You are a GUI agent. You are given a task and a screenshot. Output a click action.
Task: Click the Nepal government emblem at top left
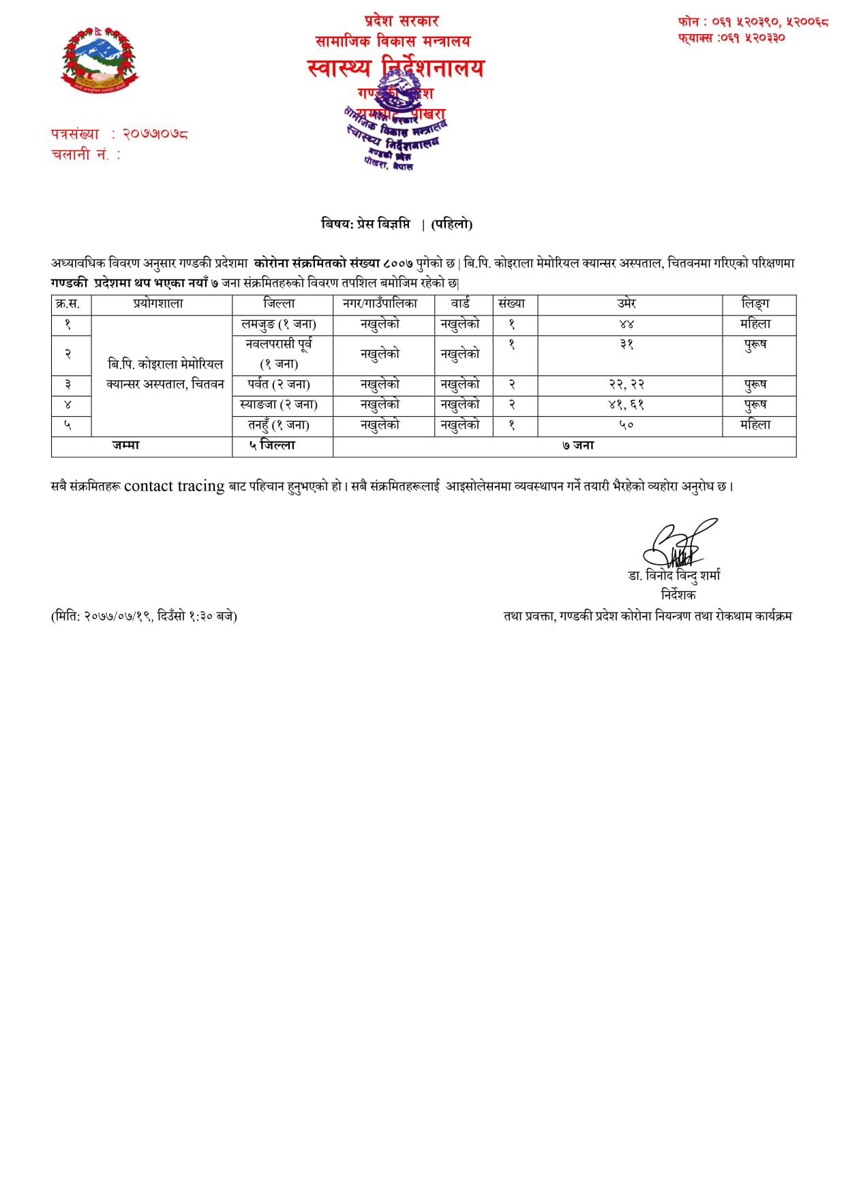pos(100,61)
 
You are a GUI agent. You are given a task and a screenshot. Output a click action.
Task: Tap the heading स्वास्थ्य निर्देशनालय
pos(395,68)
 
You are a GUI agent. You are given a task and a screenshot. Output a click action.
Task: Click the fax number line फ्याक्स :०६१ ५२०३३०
pos(731,38)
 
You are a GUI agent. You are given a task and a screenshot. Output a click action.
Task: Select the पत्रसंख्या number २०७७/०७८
pos(155,134)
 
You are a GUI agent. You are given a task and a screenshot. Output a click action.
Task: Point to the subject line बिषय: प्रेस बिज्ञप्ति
pos(367,224)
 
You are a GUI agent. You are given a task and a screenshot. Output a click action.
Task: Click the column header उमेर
pos(626,304)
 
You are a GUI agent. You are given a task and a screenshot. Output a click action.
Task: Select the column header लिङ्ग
pos(755,304)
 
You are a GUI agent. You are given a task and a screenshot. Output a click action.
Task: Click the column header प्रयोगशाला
pos(158,304)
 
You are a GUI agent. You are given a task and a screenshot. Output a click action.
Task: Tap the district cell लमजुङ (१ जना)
pos(279,324)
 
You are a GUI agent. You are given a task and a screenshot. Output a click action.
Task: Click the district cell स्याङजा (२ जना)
pos(279,405)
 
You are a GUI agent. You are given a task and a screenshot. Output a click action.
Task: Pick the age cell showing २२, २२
pos(626,385)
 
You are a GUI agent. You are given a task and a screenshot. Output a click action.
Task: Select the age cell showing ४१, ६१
pos(626,405)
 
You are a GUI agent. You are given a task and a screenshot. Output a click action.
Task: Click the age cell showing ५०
pos(626,425)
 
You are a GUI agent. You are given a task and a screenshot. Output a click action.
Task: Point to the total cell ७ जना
pos(578,446)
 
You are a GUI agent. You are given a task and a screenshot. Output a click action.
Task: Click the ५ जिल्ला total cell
pos(272,446)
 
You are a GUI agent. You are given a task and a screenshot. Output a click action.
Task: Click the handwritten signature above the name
pos(678,545)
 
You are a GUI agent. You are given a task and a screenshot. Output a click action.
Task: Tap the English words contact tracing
pos(174,486)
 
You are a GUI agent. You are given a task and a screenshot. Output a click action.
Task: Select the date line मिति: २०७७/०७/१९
pos(145,616)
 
